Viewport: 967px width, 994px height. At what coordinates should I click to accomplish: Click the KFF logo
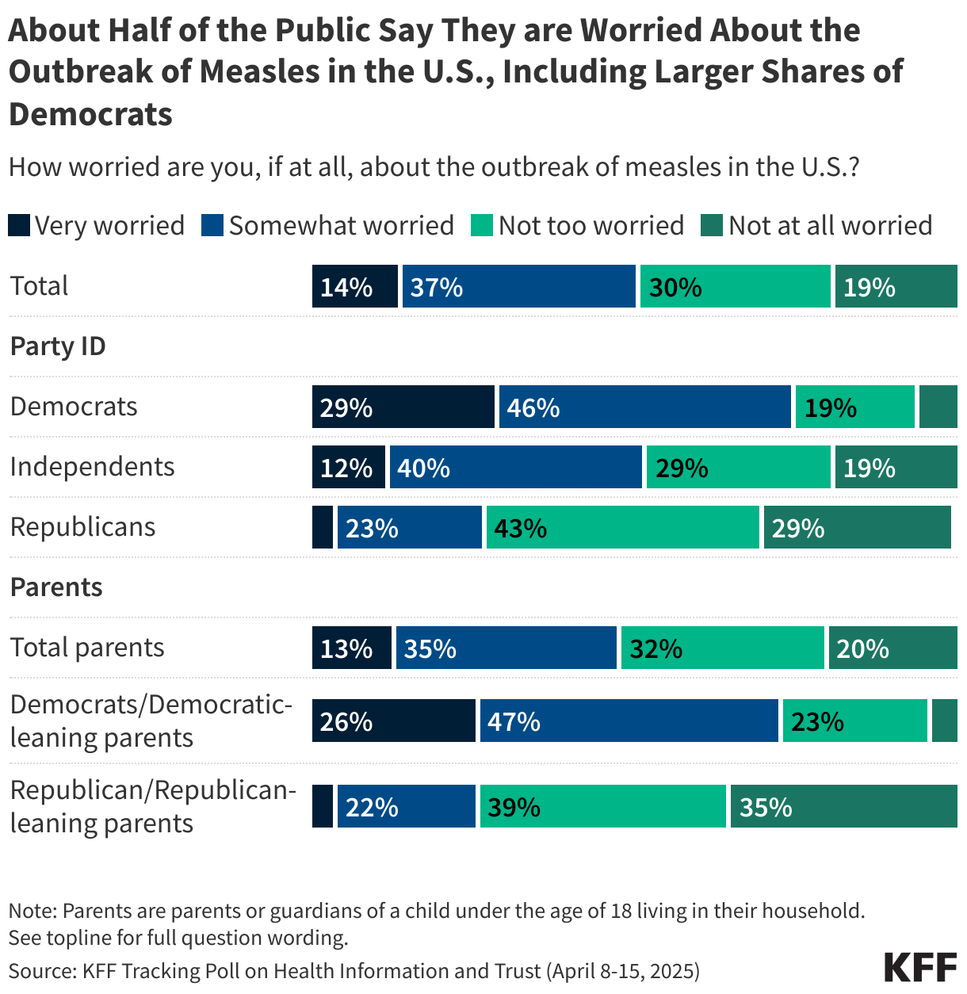pos(920,968)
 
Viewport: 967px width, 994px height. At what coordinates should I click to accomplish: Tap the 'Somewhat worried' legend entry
pos(328,226)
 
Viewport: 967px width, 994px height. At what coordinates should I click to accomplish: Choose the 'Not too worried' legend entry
pos(578,226)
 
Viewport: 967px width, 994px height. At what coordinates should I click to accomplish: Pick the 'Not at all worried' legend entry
pos(817,226)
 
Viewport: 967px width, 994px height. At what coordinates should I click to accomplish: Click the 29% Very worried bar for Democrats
pos(403,407)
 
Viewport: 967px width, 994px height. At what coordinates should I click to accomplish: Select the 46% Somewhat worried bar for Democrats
pos(644,407)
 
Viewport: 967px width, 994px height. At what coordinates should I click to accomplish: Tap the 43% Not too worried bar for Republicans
pos(622,528)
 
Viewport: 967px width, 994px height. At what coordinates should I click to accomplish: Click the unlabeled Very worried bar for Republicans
pos(323,528)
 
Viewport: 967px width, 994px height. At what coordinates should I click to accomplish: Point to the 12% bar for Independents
pos(349,468)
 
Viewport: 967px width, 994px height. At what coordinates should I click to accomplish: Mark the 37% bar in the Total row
pos(518,287)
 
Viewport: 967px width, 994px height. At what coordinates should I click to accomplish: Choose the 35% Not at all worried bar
pos(843,807)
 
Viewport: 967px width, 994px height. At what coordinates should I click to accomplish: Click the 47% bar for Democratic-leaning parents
pos(629,721)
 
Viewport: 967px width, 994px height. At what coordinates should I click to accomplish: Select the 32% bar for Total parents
pos(722,648)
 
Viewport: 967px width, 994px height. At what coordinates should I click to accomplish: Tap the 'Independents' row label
pos(92,467)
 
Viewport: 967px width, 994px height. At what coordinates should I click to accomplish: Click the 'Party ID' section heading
pos(58,346)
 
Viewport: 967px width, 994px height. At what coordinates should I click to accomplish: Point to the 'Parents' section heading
pos(56,587)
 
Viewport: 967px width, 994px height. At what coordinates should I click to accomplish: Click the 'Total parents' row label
pos(87,648)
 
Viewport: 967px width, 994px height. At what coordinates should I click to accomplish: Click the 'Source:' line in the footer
pos(354,971)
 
